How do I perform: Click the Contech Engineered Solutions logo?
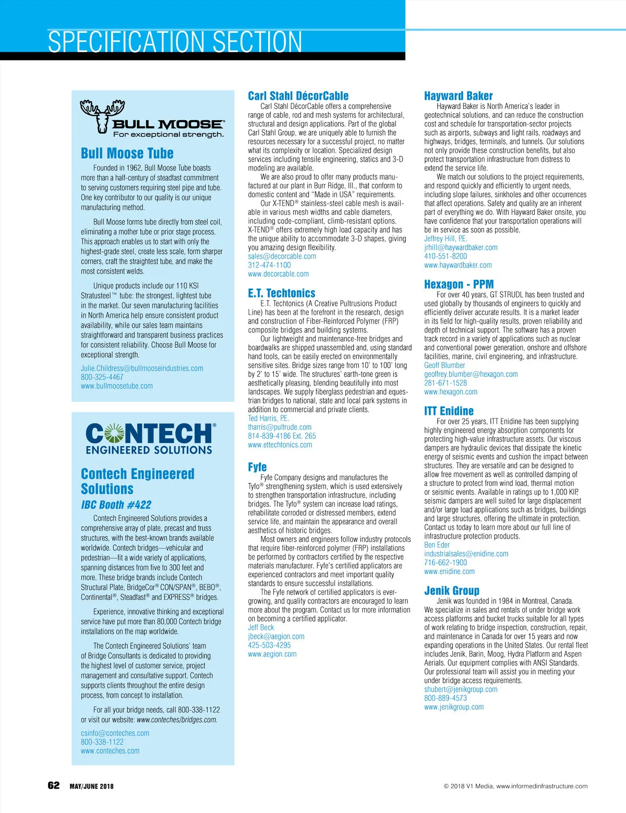tap(149, 439)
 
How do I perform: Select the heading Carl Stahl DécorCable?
tap(298, 96)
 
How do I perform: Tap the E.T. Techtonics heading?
tap(282, 293)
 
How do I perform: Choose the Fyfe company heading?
tap(257, 467)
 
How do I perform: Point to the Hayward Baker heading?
tap(458, 96)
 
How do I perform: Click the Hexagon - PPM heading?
tap(459, 284)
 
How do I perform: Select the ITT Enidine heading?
tap(449, 411)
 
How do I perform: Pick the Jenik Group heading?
tap(451, 591)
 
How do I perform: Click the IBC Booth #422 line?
tap(116, 505)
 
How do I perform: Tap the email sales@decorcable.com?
tap(282, 256)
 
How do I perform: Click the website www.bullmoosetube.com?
tap(117, 386)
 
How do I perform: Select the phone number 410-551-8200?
tap(446, 256)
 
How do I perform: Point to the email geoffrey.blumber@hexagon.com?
tap(471, 374)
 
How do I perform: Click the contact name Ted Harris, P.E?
tap(268, 418)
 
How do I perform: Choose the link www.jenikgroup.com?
tap(454, 707)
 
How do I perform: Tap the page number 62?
tap(54, 785)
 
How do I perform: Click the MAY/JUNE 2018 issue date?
tap(91, 786)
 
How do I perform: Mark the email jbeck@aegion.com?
tap(276, 636)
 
